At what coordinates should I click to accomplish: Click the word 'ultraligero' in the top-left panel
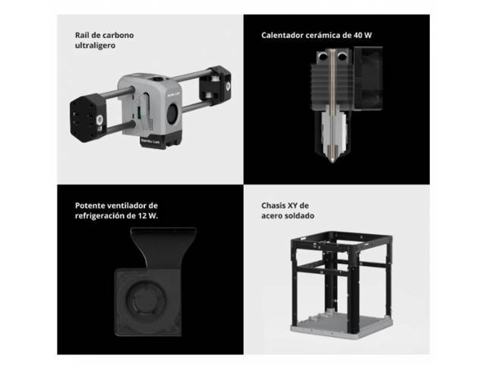95,46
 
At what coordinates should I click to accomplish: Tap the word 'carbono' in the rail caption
118,35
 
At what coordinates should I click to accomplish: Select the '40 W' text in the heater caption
362,35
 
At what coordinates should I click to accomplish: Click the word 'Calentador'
282,35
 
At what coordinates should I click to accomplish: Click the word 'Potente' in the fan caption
89,205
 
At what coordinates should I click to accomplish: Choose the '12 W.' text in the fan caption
148,216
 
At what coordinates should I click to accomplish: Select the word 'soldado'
300,216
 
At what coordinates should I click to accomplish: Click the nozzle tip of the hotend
333,160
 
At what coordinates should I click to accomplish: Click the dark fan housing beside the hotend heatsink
368,78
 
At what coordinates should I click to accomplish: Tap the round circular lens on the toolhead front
173,113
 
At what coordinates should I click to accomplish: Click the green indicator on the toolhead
139,113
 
